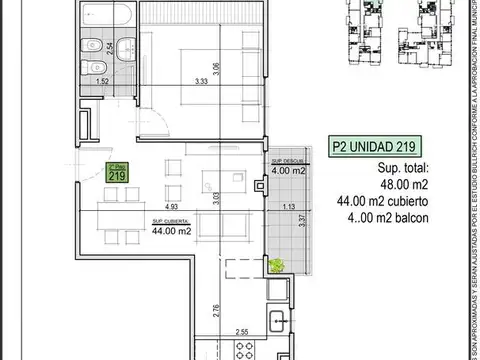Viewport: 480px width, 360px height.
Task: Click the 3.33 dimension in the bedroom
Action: (x=202, y=82)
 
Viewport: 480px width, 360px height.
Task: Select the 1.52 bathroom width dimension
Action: (x=102, y=82)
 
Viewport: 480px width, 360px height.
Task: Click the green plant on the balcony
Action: (x=277, y=266)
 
